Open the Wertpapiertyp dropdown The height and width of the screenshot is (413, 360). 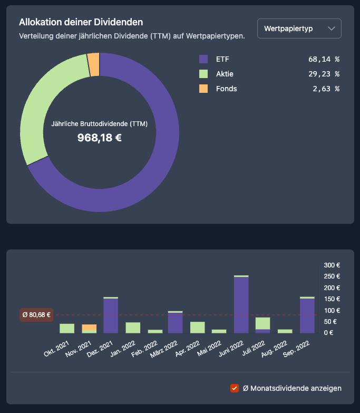point(299,28)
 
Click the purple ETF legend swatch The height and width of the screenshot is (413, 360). point(203,59)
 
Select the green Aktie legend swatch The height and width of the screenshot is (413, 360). point(203,74)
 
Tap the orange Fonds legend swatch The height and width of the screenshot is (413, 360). point(203,89)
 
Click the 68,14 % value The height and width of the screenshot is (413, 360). point(324,59)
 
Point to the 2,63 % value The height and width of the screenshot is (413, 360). point(326,89)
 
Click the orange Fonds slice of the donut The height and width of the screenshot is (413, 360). point(94,64)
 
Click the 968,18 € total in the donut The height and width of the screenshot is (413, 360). point(100,138)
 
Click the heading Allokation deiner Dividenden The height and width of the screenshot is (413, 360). point(81,22)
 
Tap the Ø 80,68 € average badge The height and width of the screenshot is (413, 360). point(36,315)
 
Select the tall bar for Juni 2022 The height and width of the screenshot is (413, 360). point(241,305)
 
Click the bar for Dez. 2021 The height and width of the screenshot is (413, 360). point(111,315)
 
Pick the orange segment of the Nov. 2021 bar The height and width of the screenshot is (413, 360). point(89,327)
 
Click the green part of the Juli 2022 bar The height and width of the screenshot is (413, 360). point(262,323)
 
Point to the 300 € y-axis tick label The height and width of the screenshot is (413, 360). point(332,265)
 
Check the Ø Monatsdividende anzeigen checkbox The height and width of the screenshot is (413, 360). point(235,388)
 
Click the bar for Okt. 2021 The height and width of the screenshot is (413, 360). point(67,328)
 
